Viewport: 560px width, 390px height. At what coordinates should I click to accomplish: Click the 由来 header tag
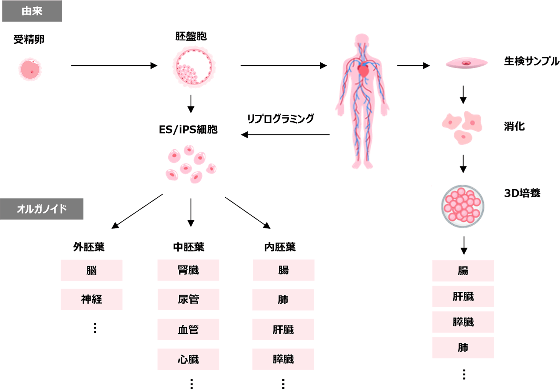tap(32, 11)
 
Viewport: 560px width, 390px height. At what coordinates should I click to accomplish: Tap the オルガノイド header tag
tap(41, 209)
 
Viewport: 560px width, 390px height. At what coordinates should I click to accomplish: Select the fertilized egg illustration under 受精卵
tap(30, 69)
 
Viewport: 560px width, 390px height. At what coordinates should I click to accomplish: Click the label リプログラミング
tap(280, 119)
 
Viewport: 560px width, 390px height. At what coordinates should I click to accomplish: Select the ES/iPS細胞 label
tap(188, 130)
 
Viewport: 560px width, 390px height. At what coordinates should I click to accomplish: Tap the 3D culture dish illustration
tap(463, 206)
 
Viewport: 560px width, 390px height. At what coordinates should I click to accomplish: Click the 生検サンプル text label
tap(532, 61)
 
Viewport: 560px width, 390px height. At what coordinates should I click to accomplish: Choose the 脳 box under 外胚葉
tap(92, 270)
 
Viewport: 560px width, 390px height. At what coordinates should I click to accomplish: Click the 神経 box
tap(92, 299)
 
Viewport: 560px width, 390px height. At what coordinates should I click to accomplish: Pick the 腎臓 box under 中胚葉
tap(188, 270)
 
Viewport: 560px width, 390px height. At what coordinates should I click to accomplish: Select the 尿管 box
tap(188, 299)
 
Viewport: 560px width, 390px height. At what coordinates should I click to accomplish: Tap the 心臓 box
tap(188, 359)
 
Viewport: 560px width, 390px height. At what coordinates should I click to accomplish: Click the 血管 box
tap(188, 329)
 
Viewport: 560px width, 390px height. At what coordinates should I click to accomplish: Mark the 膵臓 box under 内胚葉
tap(283, 359)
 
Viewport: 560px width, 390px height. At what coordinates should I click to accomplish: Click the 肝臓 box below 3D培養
tap(463, 296)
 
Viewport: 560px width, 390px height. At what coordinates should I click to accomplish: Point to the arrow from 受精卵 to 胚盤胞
tap(114, 66)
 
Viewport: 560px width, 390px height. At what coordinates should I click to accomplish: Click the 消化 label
tap(514, 126)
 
